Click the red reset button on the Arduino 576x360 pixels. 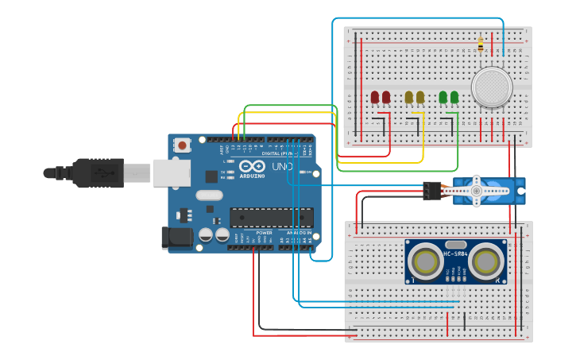click(184, 145)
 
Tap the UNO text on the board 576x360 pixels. click(283, 167)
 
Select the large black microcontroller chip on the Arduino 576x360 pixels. click(271, 217)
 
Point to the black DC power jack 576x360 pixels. click(176, 237)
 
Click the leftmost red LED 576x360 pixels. click(375, 98)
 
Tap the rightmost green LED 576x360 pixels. click(454, 98)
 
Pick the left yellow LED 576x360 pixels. click(409, 98)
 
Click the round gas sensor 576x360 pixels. click(492, 87)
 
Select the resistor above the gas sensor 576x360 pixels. click(481, 45)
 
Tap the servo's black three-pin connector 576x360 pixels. click(431, 191)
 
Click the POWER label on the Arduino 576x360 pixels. click(264, 233)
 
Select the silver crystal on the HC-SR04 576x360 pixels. click(456, 245)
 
